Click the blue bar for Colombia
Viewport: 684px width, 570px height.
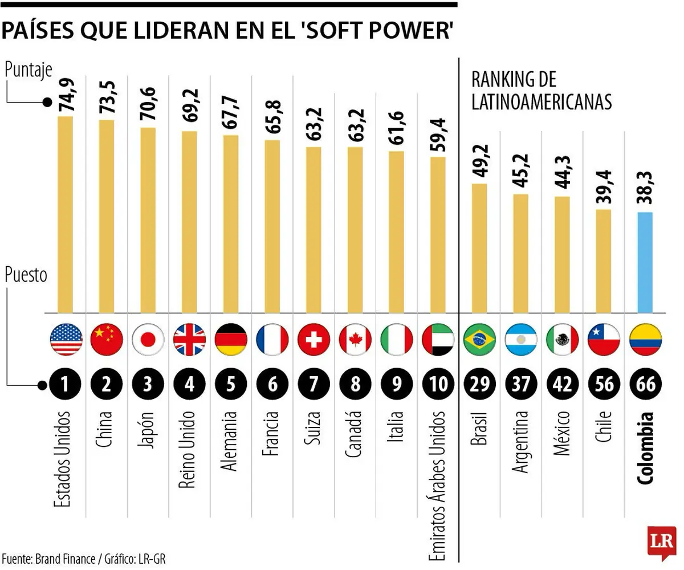(645, 262)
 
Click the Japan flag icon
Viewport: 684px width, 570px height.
(148, 340)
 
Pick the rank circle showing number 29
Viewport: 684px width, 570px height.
(479, 385)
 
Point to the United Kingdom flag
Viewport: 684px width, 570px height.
(189, 340)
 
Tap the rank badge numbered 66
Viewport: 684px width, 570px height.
(645, 385)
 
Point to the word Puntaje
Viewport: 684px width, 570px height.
(28, 70)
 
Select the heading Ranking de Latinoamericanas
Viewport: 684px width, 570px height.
(541, 91)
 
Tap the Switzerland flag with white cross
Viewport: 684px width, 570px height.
(313, 340)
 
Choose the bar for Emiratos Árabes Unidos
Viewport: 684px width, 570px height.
(438, 234)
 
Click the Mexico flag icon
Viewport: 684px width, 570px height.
(562, 340)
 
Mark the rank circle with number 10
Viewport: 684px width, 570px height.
(438, 385)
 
